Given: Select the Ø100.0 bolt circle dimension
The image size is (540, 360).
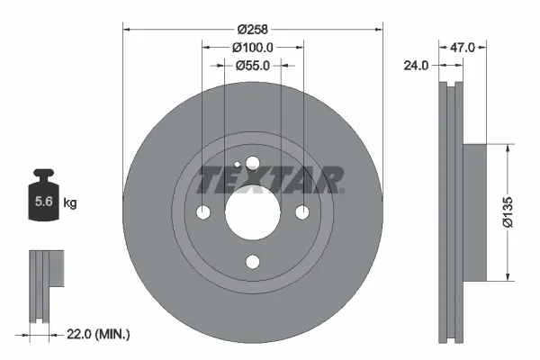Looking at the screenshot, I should click(x=252, y=46).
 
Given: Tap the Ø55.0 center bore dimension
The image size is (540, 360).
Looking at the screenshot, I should click(x=253, y=65).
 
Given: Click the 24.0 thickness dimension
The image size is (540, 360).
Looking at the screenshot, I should click(x=415, y=64).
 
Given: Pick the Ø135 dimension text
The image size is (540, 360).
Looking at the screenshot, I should click(x=509, y=214).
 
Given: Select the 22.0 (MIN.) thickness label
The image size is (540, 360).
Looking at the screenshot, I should click(x=98, y=334).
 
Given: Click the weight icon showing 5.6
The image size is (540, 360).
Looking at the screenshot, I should click(x=43, y=200).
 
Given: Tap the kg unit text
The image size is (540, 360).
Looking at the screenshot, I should click(x=70, y=203).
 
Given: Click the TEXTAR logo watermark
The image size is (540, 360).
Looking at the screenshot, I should click(x=270, y=180).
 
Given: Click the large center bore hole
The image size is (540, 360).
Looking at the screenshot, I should click(x=252, y=212).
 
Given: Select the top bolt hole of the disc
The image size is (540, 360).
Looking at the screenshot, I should click(x=252, y=163).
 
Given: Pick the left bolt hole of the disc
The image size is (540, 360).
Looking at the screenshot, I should click(x=202, y=212).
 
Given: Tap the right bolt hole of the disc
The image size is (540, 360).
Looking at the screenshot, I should click(x=301, y=212).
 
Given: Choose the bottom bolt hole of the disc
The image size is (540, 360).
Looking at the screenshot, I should click(x=252, y=262).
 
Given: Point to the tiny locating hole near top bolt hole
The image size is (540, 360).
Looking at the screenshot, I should click(x=236, y=166).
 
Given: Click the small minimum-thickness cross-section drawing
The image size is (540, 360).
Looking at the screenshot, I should click(x=45, y=283).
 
